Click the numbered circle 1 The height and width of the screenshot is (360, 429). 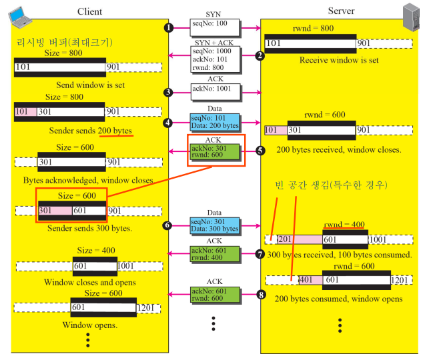pyautogui.click(x=169, y=28)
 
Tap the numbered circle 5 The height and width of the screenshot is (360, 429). pyautogui.click(x=260, y=151)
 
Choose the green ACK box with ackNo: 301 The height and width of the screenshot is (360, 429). pyautogui.click(x=213, y=151)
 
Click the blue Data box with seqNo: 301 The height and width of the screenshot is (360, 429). pyautogui.click(x=213, y=225)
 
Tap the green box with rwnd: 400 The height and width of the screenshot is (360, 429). pyautogui.click(x=213, y=255)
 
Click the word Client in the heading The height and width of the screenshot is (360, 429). pyautogui.click(x=89, y=12)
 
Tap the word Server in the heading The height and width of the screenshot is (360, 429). pyautogui.click(x=341, y=11)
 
